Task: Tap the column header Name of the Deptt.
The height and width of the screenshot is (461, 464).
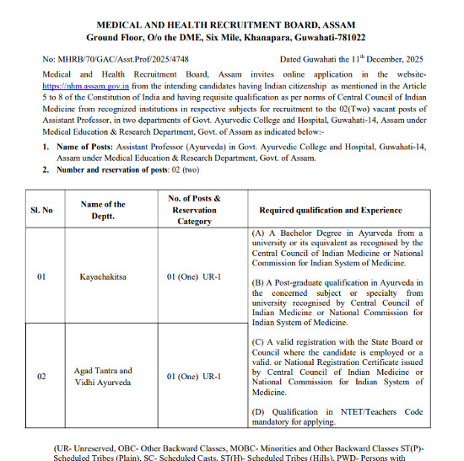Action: (x=103, y=210)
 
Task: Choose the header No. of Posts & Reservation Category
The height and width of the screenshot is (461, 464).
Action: (x=194, y=210)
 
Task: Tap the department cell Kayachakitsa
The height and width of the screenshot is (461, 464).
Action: (x=103, y=276)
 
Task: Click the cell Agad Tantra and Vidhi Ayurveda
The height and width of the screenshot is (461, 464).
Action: (x=103, y=376)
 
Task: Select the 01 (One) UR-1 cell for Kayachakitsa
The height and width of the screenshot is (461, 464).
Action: (x=194, y=276)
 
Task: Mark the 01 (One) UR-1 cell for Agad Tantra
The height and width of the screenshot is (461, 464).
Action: (x=194, y=376)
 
